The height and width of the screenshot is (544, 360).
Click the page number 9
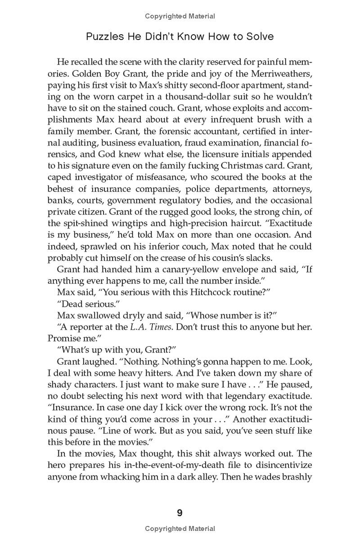point(180,513)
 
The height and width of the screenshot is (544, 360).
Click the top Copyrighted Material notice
point(180,16)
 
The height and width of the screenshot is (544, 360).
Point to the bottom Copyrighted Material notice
point(180,529)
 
